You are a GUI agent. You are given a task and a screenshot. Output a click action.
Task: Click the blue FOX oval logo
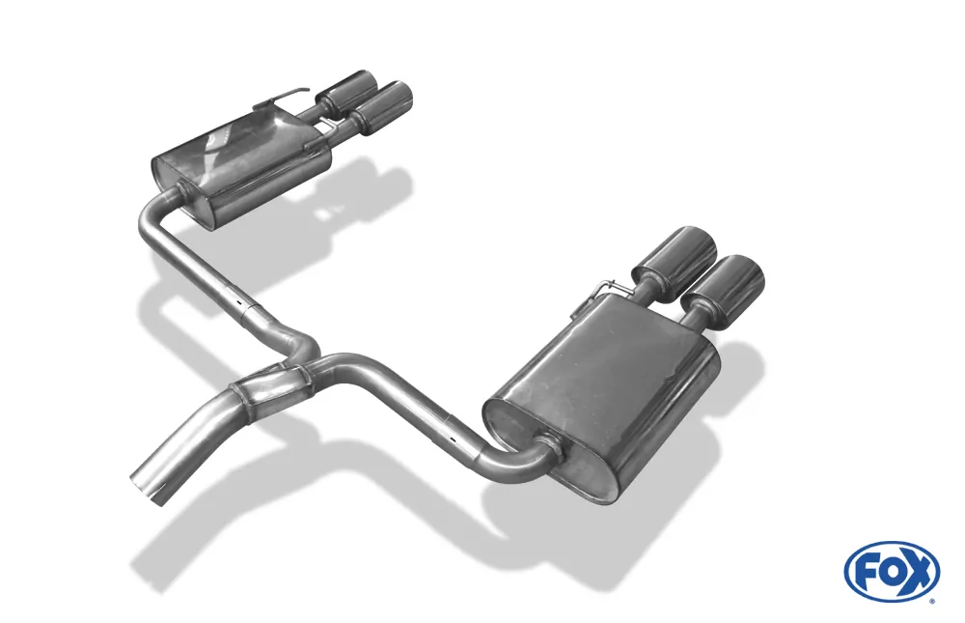click(891, 571)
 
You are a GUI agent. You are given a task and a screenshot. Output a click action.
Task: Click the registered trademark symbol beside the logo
click(931, 600)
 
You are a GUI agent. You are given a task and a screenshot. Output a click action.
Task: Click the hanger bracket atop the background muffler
click(281, 101)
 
